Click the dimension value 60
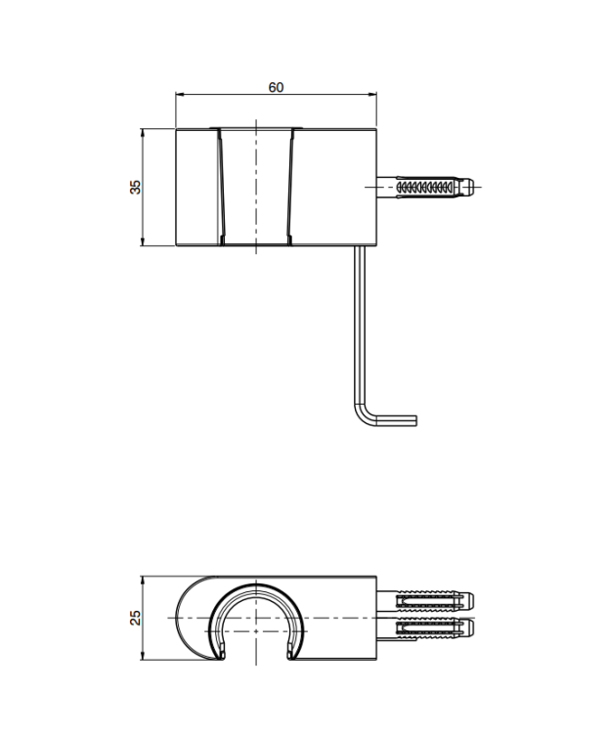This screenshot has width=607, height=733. click(276, 87)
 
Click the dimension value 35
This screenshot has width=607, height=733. click(135, 187)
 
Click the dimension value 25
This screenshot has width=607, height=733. click(135, 618)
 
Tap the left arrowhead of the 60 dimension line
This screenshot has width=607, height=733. click(179, 95)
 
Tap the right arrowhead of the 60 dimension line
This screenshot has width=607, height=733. click(373, 95)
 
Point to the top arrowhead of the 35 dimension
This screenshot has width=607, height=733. click(143, 131)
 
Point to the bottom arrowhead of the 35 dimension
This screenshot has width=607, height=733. click(143, 242)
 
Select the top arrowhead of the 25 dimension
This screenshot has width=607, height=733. click(143, 580)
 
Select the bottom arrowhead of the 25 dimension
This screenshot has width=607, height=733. click(143, 657)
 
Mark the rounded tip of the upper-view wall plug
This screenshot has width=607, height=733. click(470, 187)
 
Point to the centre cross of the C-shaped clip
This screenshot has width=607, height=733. click(256, 631)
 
